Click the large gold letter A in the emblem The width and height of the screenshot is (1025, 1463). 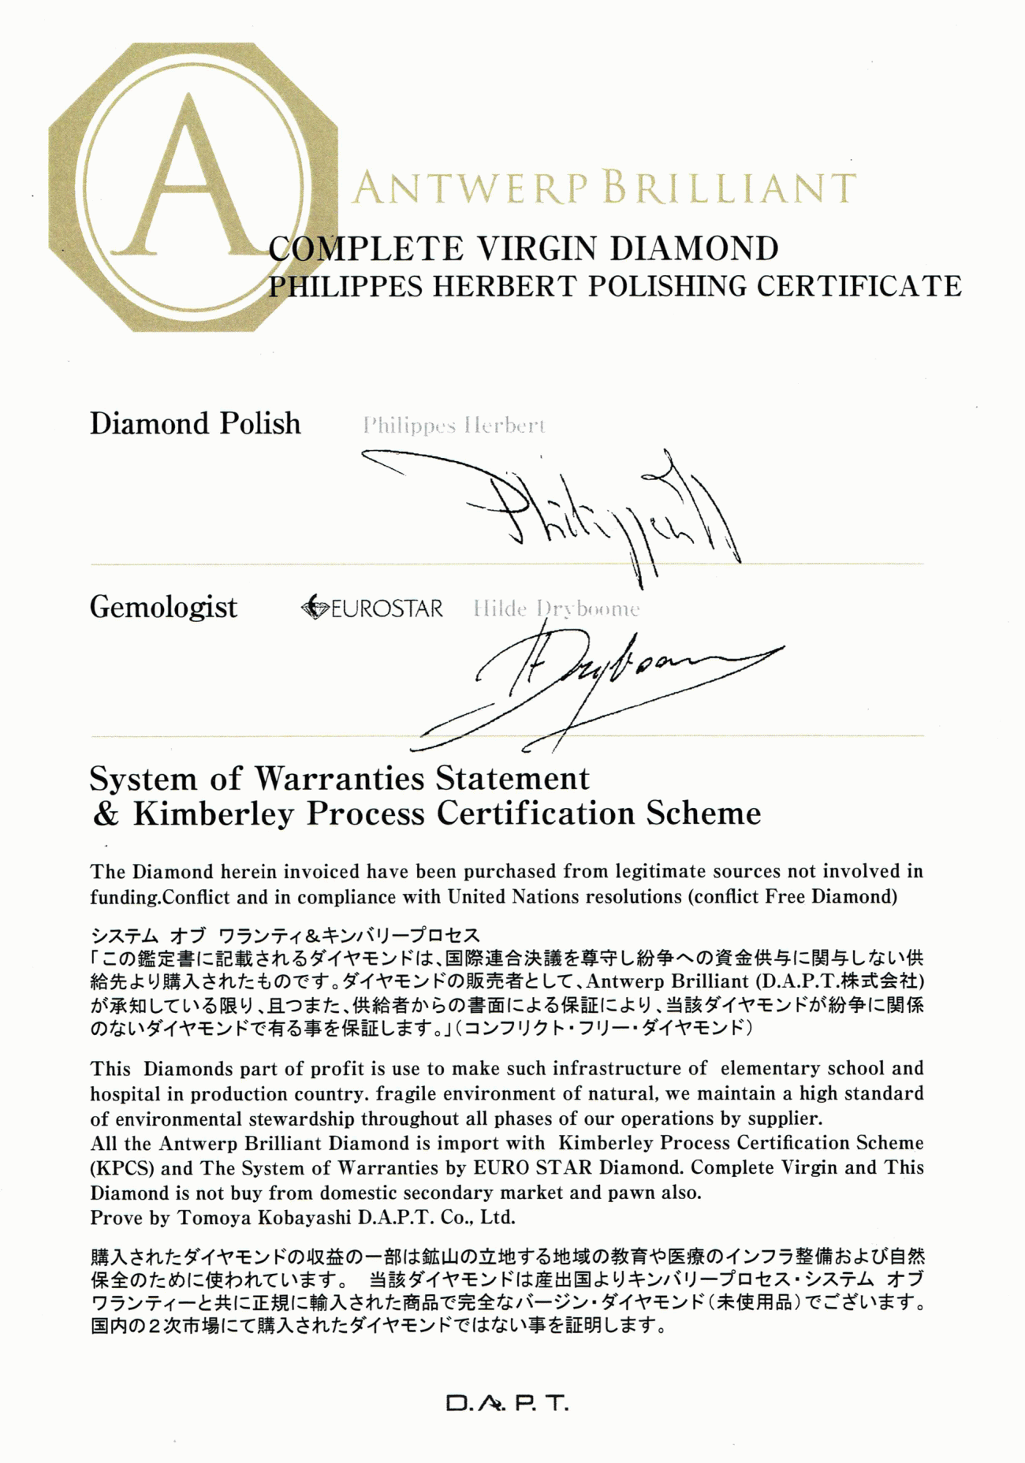189,181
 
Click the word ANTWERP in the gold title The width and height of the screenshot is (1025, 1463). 470,189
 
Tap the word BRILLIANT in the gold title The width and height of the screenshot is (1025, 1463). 729,189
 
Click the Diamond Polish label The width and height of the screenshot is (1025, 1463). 195,424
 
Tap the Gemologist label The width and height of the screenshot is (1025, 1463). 163,607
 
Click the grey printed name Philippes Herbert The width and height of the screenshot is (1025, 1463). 453,426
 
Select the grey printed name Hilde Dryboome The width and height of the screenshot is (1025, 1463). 556,609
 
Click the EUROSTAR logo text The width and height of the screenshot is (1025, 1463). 386,609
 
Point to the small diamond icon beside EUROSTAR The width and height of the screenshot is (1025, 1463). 315,608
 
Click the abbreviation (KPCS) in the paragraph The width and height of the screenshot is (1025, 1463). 121,1168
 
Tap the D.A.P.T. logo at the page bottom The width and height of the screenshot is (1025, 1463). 507,1404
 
